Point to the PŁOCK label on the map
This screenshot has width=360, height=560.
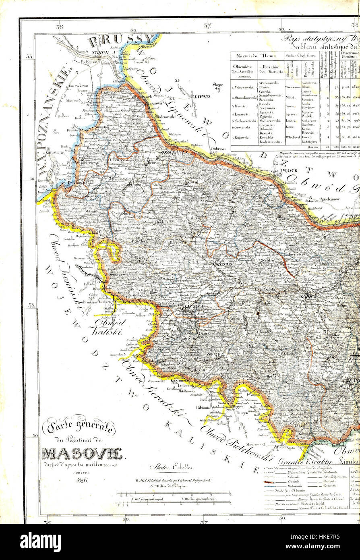[x=290, y=171]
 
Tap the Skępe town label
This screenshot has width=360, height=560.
[x=218, y=85]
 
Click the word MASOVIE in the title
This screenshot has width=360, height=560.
[x=82, y=454]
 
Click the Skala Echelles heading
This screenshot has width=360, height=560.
[x=172, y=467]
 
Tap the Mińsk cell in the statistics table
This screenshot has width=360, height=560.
[x=290, y=97]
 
